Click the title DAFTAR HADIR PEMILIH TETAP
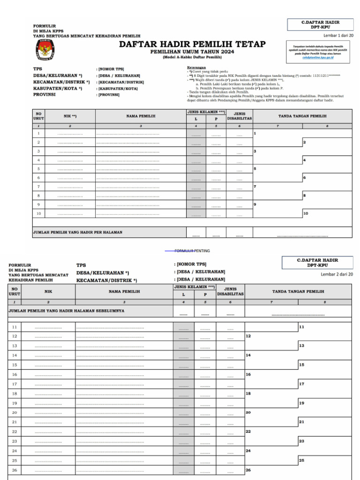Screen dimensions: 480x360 click(x=192, y=44)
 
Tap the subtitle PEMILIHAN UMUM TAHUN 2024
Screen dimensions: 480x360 click(x=192, y=52)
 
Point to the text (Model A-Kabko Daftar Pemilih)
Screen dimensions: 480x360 click(x=192, y=57)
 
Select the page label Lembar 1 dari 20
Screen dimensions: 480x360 click(x=338, y=36)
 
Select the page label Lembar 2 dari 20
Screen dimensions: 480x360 click(x=337, y=274)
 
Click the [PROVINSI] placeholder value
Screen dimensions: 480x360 click(x=109, y=95)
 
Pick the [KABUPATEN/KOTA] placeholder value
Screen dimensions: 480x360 click(x=118, y=88)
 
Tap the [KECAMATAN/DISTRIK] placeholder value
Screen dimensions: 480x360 click(x=120, y=82)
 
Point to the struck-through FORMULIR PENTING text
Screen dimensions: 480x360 click(x=192, y=251)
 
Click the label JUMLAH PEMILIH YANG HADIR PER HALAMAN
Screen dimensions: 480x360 click(x=77, y=232)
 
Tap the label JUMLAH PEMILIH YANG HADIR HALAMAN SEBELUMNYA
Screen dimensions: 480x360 click(x=67, y=310)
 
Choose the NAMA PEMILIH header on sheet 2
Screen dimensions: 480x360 click(x=124, y=291)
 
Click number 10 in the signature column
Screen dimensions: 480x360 click(x=306, y=213)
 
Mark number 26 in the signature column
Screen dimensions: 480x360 click(x=248, y=470)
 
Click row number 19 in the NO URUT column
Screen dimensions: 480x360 click(x=15, y=403)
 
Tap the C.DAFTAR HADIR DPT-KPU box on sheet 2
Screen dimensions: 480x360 click(x=317, y=262)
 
